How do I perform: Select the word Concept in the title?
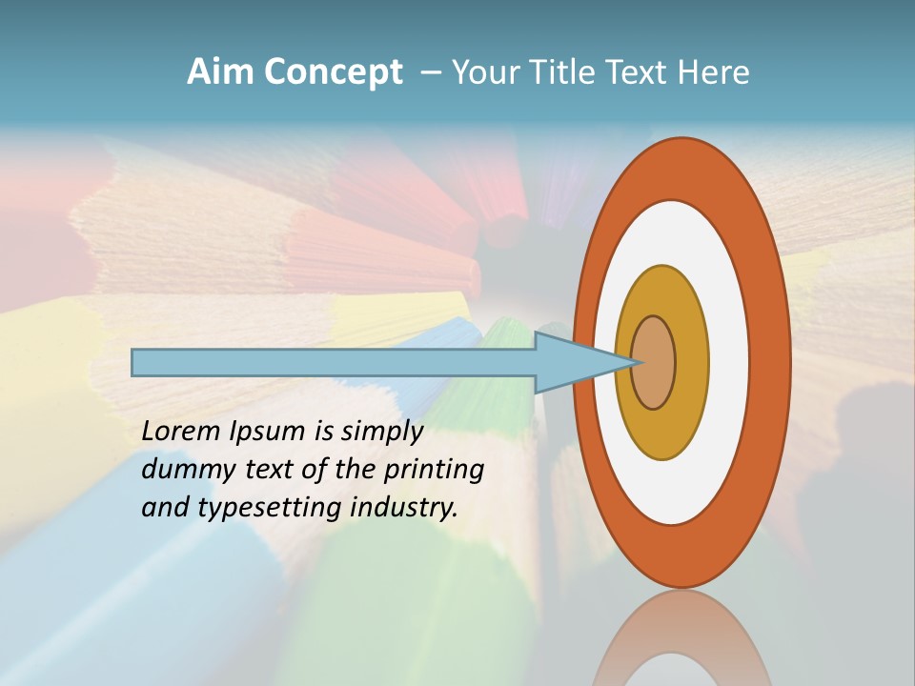(x=333, y=71)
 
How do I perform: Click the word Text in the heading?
(x=638, y=71)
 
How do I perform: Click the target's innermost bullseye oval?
(x=654, y=362)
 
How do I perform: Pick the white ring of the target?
(x=728, y=362)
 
